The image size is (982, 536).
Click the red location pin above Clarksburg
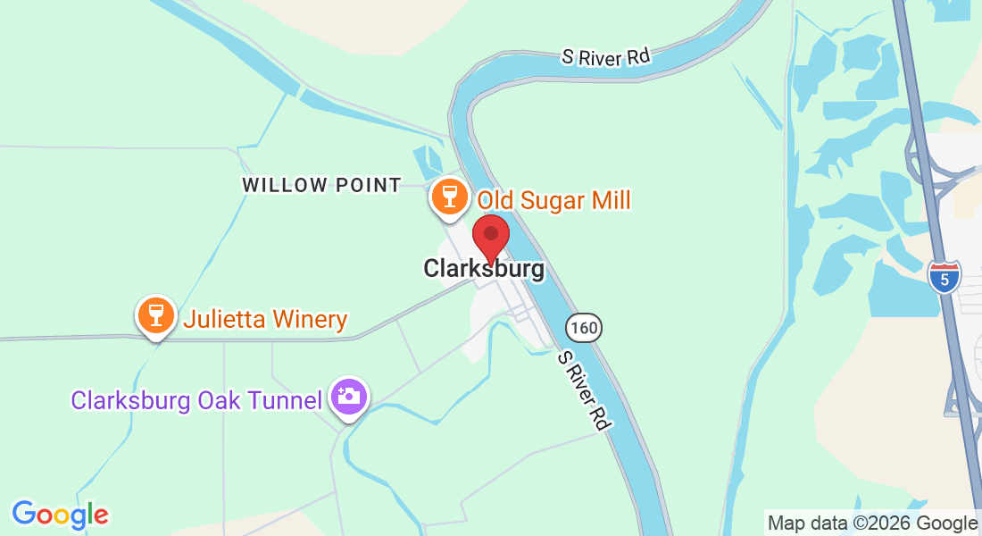(490, 236)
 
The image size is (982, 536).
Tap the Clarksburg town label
(483, 268)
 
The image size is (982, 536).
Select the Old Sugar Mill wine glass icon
(448, 197)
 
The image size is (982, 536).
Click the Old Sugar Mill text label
(553, 199)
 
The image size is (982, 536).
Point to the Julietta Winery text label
(265, 319)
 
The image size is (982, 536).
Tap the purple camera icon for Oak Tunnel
(349, 397)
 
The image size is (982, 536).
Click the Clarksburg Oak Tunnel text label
(196, 399)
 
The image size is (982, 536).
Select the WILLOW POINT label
(321, 186)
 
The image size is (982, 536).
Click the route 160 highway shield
(584, 328)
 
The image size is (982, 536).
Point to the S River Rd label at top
(604, 56)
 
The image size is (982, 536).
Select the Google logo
(60, 514)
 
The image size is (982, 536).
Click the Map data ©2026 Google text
(872, 523)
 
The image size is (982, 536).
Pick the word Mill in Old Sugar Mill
(611, 199)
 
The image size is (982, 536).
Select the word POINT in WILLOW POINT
(369, 186)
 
